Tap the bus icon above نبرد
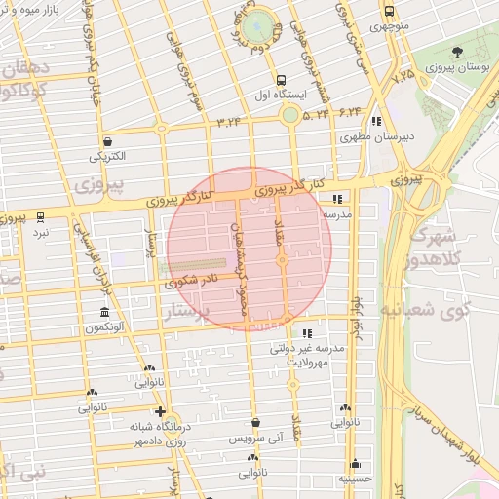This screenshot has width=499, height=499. click(40, 217)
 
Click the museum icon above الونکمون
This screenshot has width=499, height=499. click(104, 313)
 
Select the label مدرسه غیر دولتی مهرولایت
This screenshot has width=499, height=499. click(309, 353)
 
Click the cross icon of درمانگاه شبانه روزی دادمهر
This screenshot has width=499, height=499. click(160, 412)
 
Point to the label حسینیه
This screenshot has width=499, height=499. click(354, 479)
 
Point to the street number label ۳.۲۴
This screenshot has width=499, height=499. click(229, 121)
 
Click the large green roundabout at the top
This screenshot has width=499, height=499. click(259, 27)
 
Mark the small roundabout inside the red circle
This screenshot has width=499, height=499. click(282, 260)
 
